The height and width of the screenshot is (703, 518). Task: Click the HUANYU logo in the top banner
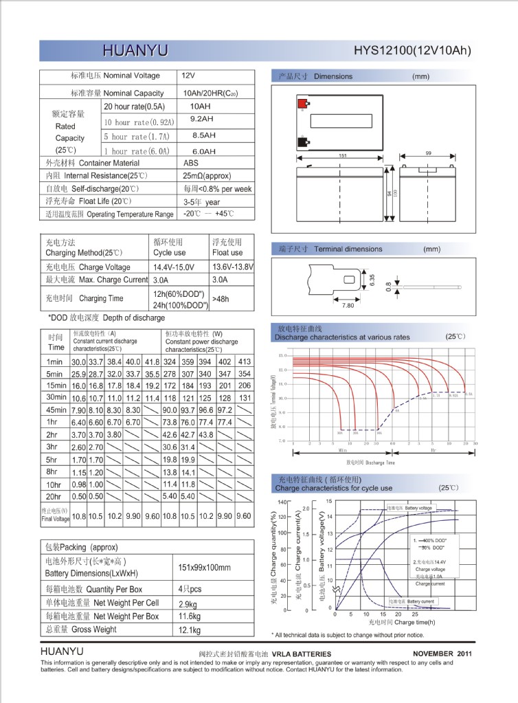135,50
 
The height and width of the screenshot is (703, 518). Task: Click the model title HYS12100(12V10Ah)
412,50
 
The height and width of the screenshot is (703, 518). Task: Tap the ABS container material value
191,163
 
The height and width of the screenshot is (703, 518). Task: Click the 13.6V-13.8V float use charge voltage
233,267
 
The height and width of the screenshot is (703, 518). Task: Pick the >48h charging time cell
221,299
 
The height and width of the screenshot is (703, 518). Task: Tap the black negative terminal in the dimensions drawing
302,143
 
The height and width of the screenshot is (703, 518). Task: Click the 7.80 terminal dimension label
348,306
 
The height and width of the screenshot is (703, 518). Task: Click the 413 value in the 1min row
244,361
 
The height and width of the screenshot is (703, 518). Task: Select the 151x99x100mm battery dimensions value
204,568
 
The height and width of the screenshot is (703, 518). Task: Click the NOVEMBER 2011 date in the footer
442,653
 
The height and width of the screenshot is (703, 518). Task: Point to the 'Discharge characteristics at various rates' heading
342,337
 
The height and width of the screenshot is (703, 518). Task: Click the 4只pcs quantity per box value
190,590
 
